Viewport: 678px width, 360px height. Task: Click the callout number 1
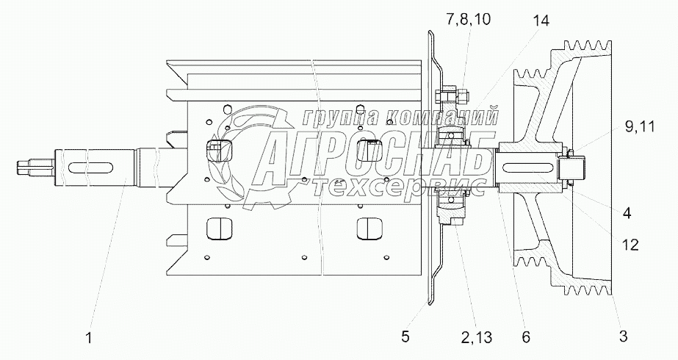(89, 338)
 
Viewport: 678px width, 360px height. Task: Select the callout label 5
(405, 336)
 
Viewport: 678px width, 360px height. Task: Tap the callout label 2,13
(476, 337)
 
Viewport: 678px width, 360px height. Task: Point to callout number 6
(526, 337)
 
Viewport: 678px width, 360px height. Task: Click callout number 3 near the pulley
(623, 335)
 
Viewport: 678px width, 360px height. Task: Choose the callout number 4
(627, 213)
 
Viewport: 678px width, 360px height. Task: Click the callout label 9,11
(640, 127)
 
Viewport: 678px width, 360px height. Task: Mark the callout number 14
(541, 21)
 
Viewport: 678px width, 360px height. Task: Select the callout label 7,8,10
(469, 20)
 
